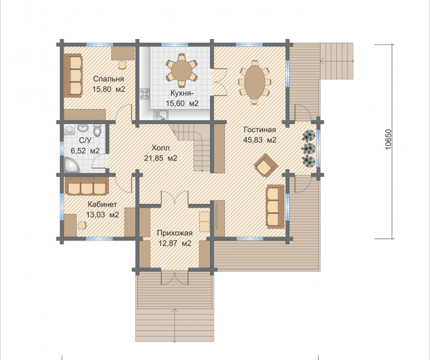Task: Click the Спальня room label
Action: pos(109,79)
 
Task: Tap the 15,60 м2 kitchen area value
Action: pos(182,103)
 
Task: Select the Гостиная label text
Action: pos(260,130)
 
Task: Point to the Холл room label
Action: pos(161,148)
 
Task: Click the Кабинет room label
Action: pos(102,205)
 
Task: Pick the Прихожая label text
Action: pos(175,233)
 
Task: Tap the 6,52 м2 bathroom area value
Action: pos(85,151)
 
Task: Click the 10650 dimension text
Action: pos(389,140)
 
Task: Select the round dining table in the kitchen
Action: pos(181,70)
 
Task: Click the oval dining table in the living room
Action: pos(255,82)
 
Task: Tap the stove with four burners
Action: pos(145,94)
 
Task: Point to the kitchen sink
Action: pos(161,115)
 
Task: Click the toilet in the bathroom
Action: pos(97,131)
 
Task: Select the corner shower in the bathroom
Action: pos(71,165)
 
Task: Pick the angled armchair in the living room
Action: pos(266,166)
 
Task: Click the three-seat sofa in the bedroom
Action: pos(74,76)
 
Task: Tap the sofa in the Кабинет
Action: pos(87,186)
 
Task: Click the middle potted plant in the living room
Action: pos(309,149)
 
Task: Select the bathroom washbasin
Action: pos(82,128)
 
